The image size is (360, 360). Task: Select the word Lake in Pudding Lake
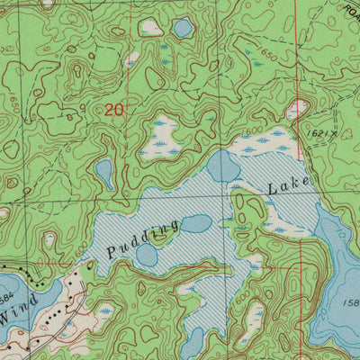point(288,186)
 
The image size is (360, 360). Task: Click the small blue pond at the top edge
point(183,28)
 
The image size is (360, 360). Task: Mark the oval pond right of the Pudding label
point(196,223)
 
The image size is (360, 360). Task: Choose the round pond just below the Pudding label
point(147,256)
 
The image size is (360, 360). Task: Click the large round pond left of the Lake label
point(223,166)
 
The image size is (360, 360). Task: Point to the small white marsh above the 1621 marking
point(297,109)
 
